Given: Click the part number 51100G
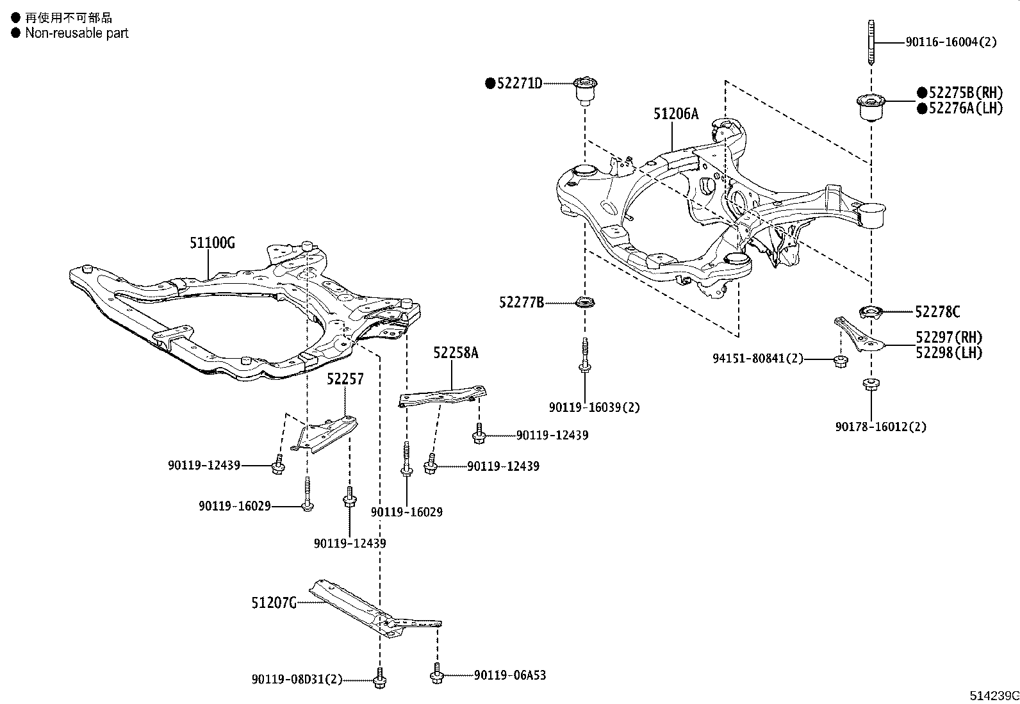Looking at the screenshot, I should point(212,243).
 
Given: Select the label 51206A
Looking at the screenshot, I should point(676,114).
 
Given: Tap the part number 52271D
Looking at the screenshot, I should point(519,83).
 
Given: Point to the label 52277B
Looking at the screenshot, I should point(522,302).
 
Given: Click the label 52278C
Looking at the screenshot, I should point(937,312).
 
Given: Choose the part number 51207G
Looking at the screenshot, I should point(274,603).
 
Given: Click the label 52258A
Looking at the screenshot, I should point(456,352).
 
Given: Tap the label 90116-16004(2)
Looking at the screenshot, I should point(951,42).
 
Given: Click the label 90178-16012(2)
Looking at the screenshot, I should point(880,427).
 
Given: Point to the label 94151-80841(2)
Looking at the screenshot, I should point(757,359).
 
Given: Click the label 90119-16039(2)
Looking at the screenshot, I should point(594,407).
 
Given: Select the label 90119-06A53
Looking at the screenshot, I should point(510,675).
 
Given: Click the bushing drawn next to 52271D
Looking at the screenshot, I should point(584,91).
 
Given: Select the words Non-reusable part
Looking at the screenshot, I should point(76,33).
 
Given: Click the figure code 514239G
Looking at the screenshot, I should point(993,696).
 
